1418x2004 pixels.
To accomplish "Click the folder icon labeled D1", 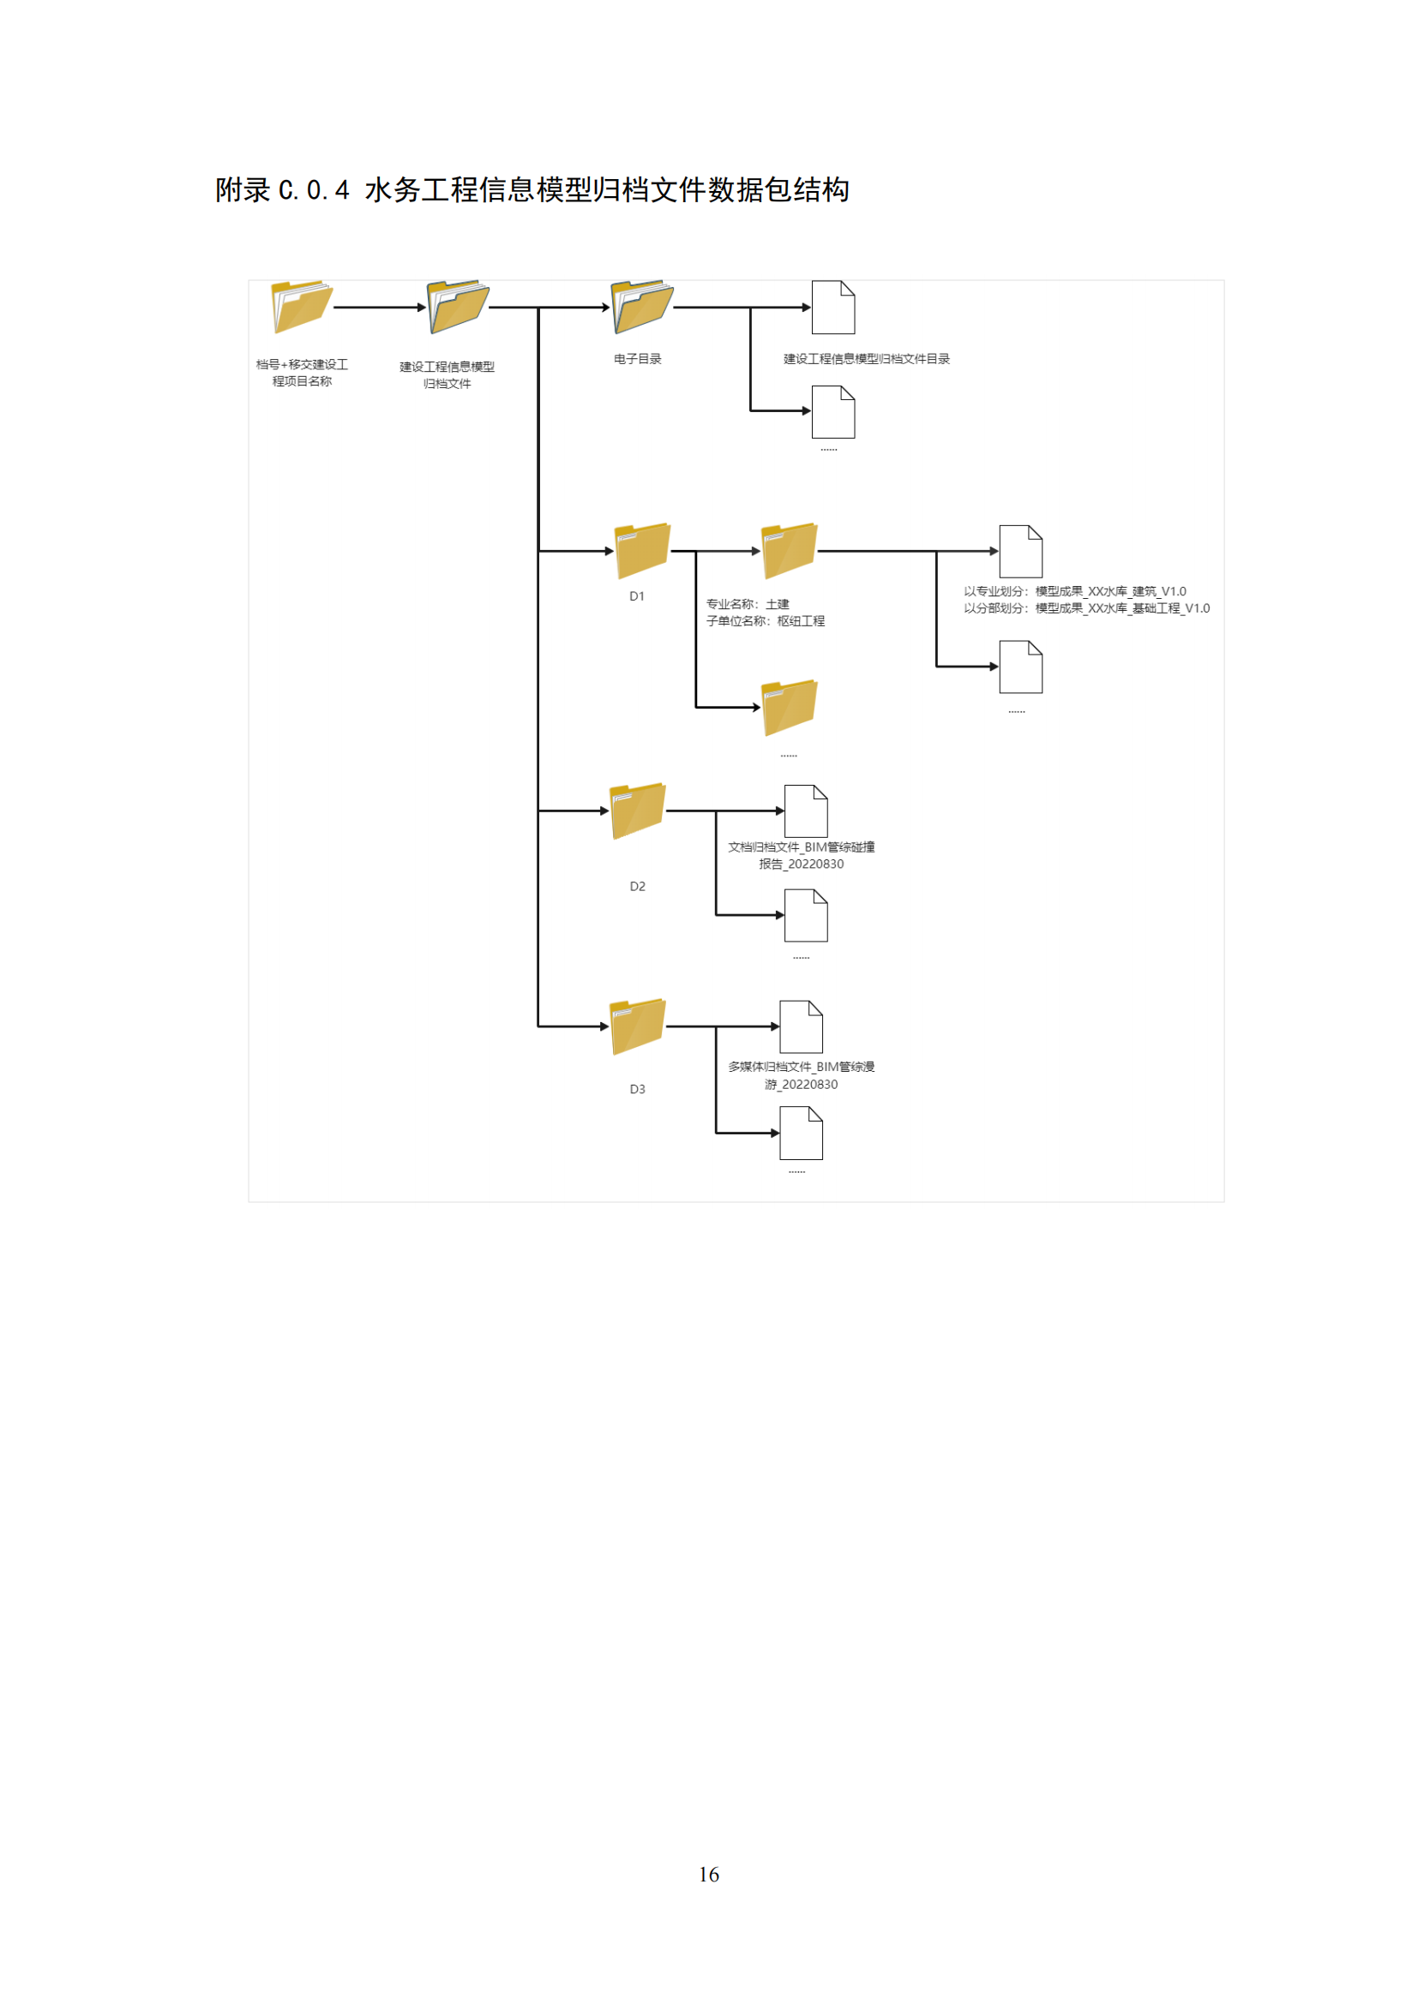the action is point(642,551).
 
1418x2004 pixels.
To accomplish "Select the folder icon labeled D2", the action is point(639,811).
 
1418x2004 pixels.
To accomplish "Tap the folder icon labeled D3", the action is point(639,1026).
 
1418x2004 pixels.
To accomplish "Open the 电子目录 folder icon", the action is point(642,307).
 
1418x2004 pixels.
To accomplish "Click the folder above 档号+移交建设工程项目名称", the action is point(302,307).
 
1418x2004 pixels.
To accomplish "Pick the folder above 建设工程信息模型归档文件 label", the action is point(458,307).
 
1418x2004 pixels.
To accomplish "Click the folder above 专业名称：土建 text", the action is point(790,551).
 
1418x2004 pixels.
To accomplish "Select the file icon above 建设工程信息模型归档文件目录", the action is point(833,308).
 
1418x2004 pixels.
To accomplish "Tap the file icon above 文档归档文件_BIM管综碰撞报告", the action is point(806,811).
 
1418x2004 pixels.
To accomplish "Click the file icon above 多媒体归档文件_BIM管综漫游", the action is point(801,1026).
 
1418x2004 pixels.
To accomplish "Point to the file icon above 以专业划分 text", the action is point(1021,552).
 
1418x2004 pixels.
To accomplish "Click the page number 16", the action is point(709,1874).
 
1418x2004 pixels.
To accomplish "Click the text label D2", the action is point(637,886).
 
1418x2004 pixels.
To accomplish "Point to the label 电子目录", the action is point(637,359).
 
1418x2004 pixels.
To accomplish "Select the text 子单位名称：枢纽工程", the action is point(765,620).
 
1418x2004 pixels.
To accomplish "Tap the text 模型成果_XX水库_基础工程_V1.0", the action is point(1122,608).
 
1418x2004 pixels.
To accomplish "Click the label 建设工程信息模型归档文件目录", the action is point(866,359).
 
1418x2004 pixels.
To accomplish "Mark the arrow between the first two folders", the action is point(380,308).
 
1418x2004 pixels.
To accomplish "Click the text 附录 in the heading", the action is point(243,189).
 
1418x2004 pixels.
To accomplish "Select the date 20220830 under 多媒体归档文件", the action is point(809,1084).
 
